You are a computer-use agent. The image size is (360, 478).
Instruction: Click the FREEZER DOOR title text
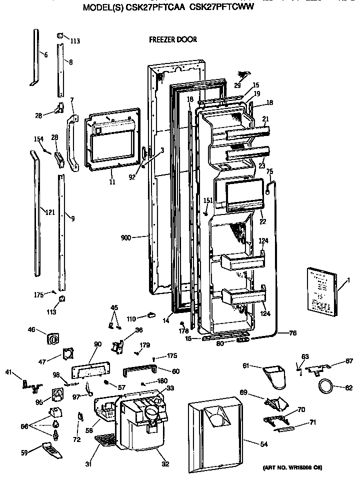[x=172, y=39]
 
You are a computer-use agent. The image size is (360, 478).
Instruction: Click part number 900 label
[x=125, y=238]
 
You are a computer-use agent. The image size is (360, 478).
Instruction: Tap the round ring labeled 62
[x=325, y=386]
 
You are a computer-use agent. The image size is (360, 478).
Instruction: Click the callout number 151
[x=208, y=200]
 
